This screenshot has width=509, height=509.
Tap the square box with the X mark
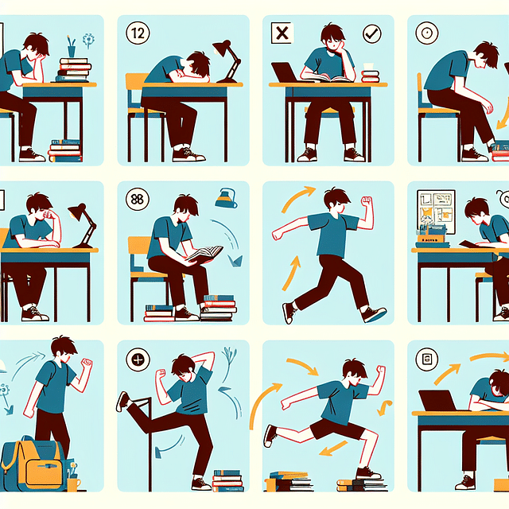tap(282, 33)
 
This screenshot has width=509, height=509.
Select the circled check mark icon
tap(371, 33)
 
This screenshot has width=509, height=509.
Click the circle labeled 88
tap(137, 198)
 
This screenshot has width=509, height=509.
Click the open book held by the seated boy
tap(204, 254)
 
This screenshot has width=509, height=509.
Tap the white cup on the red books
tap(369, 68)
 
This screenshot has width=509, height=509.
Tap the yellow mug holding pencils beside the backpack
tap(73, 482)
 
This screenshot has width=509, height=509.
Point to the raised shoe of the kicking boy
tap(122, 401)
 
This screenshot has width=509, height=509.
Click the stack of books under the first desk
tap(65, 150)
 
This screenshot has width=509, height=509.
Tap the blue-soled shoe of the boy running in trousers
tap(374, 314)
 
